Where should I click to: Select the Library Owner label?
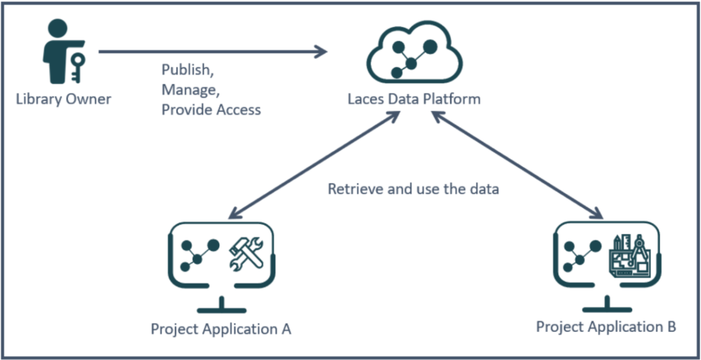[x=64, y=99]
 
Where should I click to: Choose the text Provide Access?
[x=211, y=110]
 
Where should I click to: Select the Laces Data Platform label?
[x=414, y=99]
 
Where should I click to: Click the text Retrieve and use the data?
[x=413, y=189]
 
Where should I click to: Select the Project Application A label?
[x=221, y=329]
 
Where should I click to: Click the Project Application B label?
[x=606, y=327]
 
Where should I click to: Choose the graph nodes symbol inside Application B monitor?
[x=582, y=255]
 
